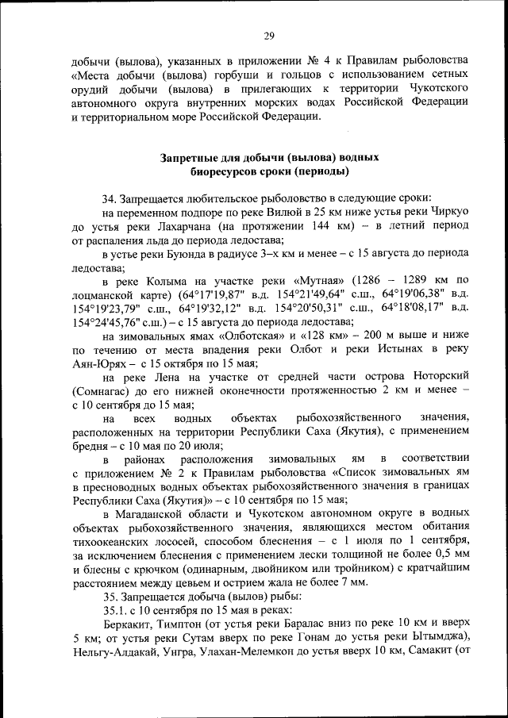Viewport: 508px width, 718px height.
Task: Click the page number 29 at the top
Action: click(269, 35)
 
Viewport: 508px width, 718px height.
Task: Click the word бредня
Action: click(92, 444)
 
